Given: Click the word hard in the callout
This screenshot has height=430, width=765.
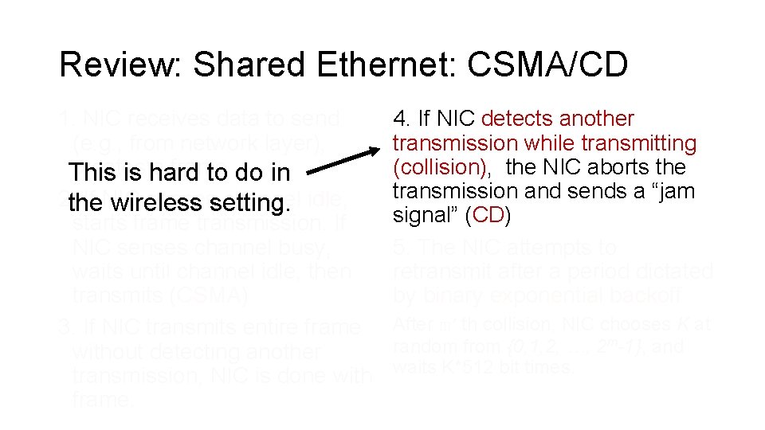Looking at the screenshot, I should pos(155,172).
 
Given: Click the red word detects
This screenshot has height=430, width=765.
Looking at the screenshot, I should pos(518,119).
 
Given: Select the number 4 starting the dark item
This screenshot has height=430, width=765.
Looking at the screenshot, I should pos(399,119).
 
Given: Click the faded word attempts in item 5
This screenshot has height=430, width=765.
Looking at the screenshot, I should pos(571,248).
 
